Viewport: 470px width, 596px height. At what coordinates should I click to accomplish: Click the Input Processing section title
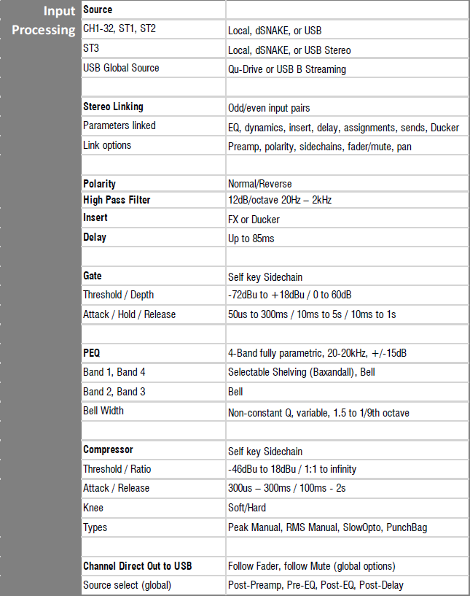(44, 20)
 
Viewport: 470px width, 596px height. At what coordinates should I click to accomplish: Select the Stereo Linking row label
(113, 107)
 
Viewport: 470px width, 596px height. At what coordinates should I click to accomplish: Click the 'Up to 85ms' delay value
(251, 239)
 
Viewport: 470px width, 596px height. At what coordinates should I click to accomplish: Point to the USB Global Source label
(121, 68)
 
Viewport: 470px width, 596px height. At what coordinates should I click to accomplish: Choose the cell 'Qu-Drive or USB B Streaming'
(287, 69)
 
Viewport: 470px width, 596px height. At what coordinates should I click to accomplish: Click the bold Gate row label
(93, 276)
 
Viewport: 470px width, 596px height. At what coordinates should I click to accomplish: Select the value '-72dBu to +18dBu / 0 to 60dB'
(290, 295)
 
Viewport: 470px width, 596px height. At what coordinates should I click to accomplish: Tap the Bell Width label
(103, 411)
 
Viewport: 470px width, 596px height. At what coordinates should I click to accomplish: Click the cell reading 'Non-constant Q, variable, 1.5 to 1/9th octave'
(318, 413)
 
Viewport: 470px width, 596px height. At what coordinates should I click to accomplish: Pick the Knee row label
(93, 507)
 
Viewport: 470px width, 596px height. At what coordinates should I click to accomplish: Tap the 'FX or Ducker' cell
(254, 220)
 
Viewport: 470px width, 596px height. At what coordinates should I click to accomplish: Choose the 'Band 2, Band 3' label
(114, 392)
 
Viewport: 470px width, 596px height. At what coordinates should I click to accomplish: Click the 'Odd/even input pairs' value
(269, 108)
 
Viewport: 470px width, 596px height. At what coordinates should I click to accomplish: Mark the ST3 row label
(91, 49)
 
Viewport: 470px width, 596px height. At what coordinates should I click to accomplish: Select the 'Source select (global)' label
(128, 584)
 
